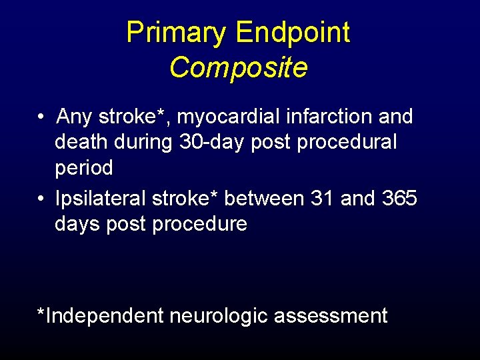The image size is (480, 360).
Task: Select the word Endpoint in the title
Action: [293, 33]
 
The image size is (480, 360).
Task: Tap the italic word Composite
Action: [238, 67]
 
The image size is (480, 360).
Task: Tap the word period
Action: [84, 168]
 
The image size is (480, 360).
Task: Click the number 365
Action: [399, 199]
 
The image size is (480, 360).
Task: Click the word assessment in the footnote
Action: [331, 316]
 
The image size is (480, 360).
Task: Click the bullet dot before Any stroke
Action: [41, 118]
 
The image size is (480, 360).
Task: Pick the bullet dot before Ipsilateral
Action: [41, 199]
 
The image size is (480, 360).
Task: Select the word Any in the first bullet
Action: [74, 117]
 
